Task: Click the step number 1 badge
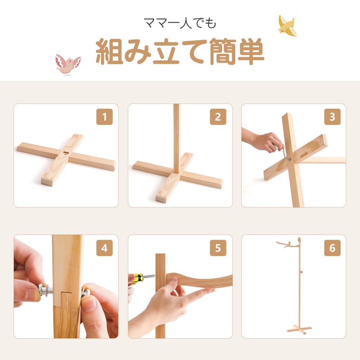tap(104, 117)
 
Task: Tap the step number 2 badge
tap(218, 117)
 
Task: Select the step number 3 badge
tap(332, 117)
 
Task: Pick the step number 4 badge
tap(104, 248)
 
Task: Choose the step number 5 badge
tap(218, 248)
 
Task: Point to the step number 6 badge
tap(332, 248)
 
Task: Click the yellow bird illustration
tap(287, 26)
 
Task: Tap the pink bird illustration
tap(68, 65)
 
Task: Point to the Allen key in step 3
tap(285, 154)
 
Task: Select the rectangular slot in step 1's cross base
tap(66, 153)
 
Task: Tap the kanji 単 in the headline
tap(251, 51)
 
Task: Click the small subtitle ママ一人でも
tap(180, 23)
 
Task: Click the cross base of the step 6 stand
tap(299, 329)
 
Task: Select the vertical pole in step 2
tap(176, 139)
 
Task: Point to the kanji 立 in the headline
tap(166, 51)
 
